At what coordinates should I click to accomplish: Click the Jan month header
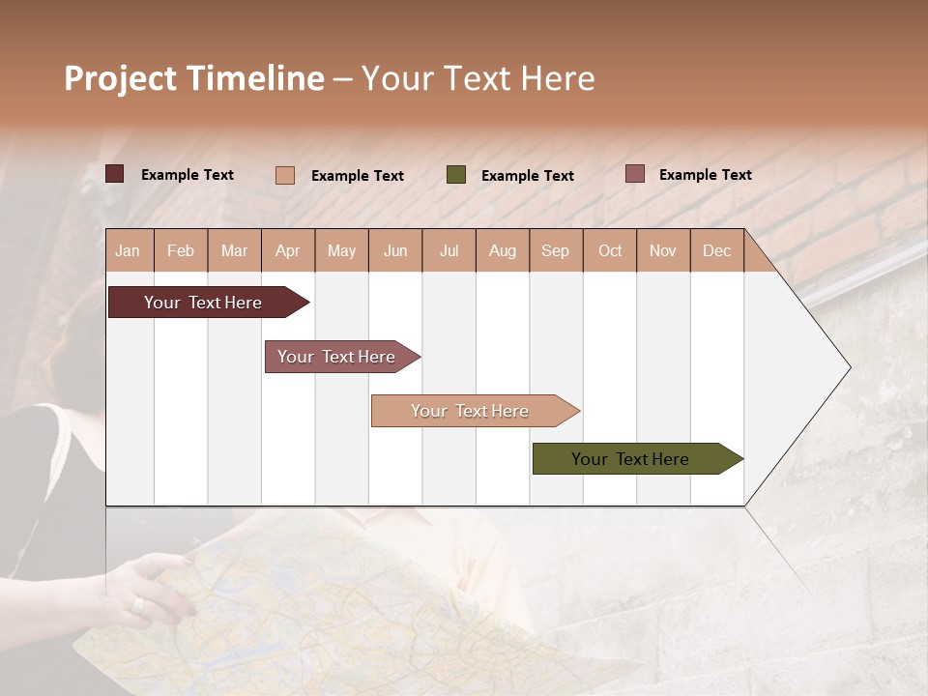[128, 250]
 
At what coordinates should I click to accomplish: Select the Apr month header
[287, 250]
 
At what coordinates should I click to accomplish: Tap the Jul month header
[449, 250]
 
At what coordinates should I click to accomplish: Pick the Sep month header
[555, 250]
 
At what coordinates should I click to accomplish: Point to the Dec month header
[716, 250]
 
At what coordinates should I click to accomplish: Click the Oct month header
[610, 250]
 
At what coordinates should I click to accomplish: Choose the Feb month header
[181, 250]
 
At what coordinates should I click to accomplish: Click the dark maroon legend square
[115, 174]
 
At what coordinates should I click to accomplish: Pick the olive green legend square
[456, 175]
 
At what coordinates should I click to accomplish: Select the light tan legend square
[285, 175]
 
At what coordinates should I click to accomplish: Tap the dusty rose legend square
[635, 174]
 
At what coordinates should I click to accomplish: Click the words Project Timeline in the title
[194, 78]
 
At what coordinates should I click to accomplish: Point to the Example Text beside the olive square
[527, 176]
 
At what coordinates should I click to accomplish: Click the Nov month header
[663, 250]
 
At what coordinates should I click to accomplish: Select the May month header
[341, 250]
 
